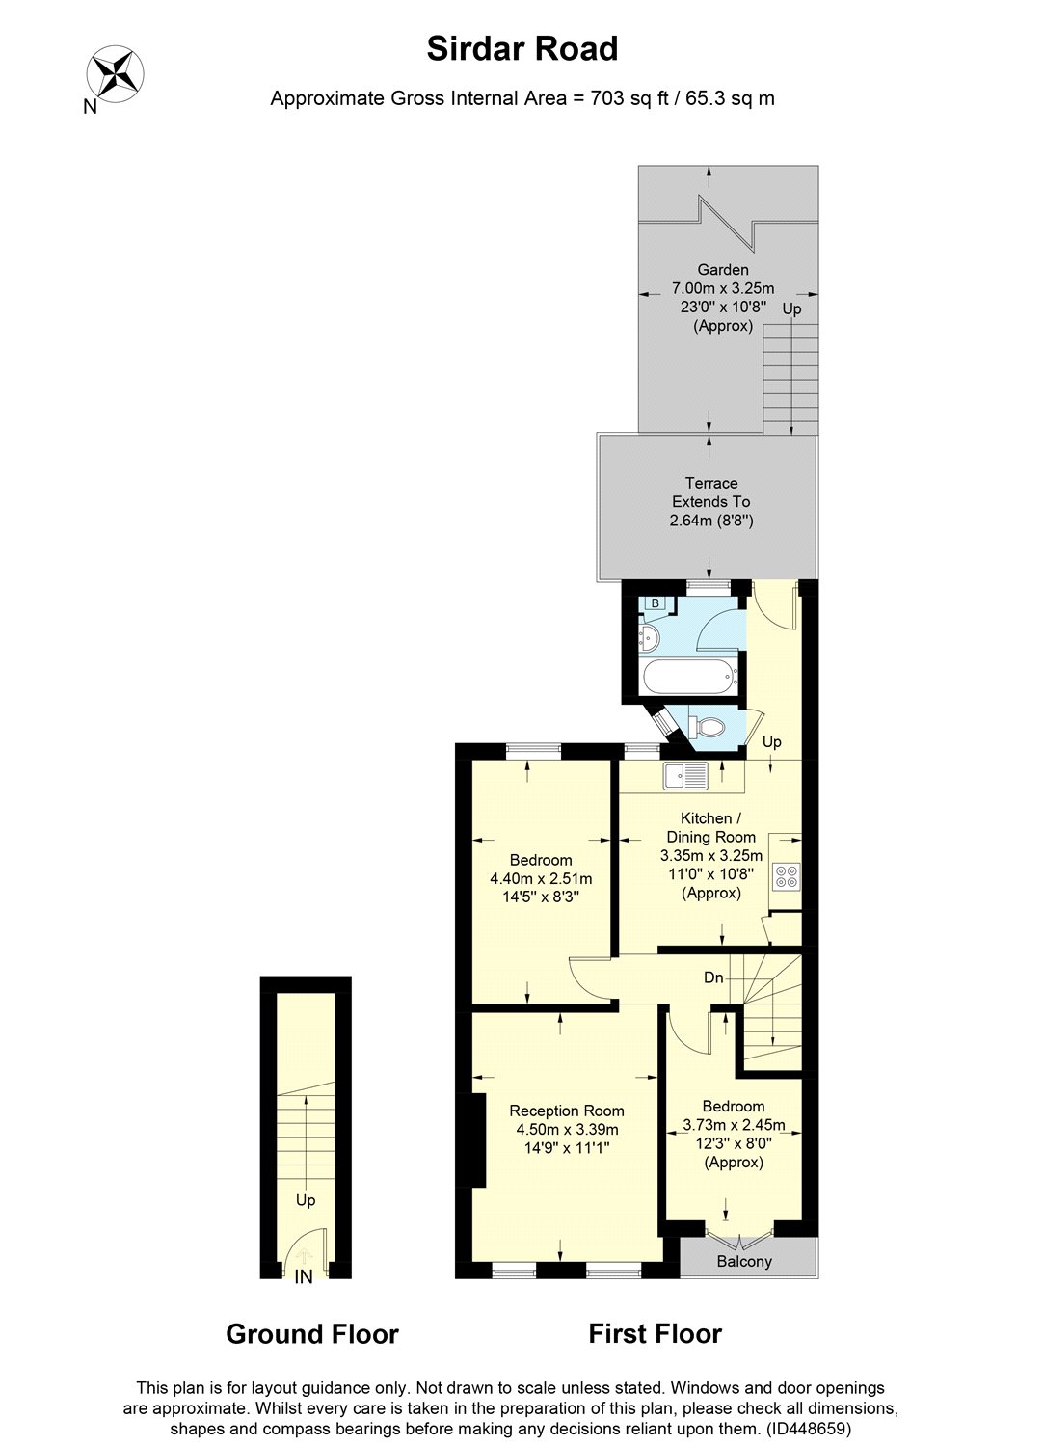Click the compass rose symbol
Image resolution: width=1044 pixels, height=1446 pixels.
(115, 73)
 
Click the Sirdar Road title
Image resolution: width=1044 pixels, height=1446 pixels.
(522, 49)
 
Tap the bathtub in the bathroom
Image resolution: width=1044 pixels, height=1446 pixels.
(690, 677)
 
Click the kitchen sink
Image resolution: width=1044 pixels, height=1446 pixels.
(685, 775)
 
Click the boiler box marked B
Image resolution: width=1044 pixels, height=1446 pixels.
(656, 603)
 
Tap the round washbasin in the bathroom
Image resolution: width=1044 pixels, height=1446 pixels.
(648, 639)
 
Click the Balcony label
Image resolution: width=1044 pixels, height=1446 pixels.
(744, 1261)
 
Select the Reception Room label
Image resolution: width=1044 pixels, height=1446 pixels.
(566, 1111)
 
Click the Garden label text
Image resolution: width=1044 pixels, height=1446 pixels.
(722, 270)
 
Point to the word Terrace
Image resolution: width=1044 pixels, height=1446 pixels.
(710, 483)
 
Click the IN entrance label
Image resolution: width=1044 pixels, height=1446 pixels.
(304, 1275)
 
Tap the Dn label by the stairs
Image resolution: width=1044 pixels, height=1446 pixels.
(712, 978)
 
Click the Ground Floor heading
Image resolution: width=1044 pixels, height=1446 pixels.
(312, 1333)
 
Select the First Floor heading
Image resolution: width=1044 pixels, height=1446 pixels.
(655, 1333)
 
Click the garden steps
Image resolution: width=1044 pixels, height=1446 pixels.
(790, 379)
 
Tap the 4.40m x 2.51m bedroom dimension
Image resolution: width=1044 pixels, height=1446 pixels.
(541, 878)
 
